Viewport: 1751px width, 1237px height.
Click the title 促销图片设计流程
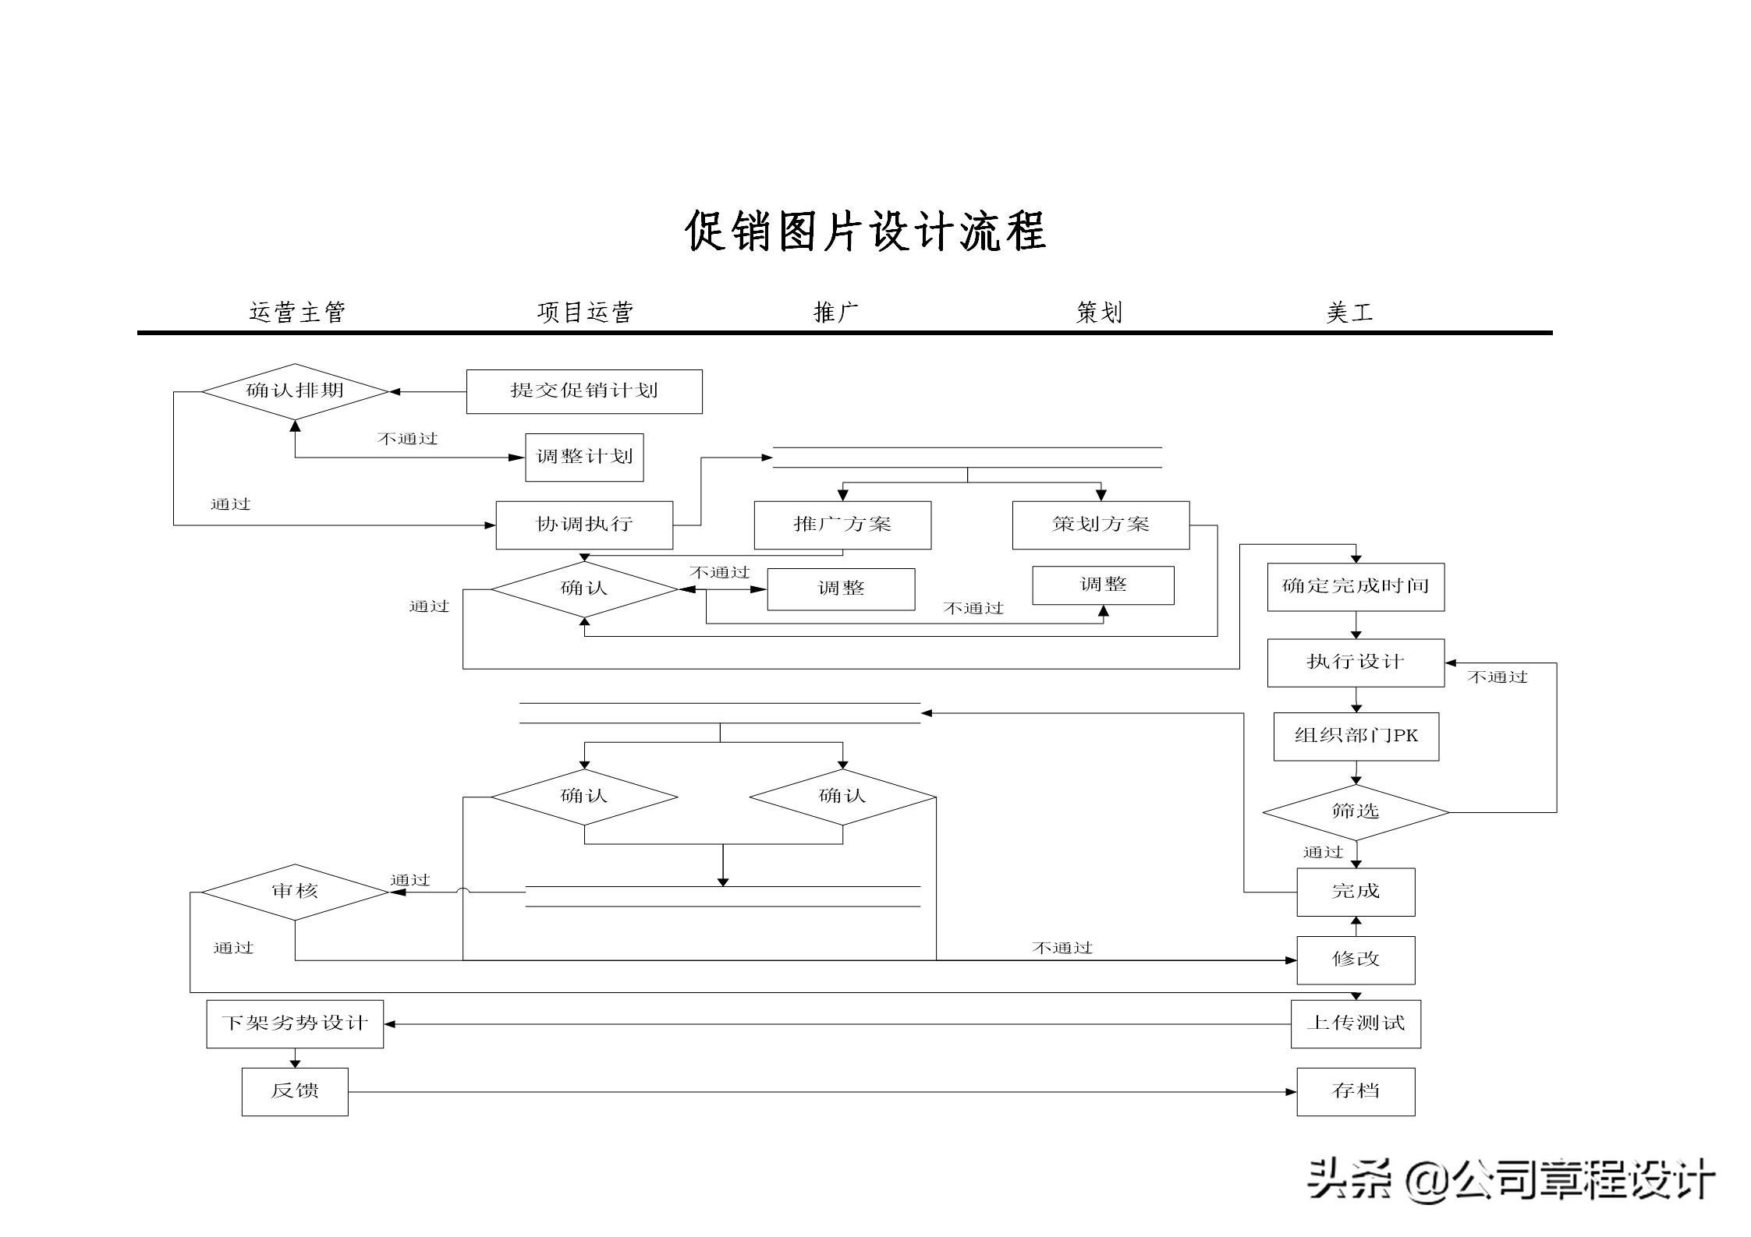[865, 231]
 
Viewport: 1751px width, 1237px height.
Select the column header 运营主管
[297, 313]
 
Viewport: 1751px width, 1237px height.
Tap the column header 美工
[1349, 313]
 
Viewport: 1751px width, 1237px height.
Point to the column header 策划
[1099, 313]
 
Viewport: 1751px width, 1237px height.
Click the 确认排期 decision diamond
[295, 391]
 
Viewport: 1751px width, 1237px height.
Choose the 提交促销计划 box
[584, 391]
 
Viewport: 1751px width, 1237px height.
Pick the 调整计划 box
[584, 458]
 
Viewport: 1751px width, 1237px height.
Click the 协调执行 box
[584, 525]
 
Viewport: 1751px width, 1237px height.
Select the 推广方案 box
[842, 525]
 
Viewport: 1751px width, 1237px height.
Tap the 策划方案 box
[1101, 525]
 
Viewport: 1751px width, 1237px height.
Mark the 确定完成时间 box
[1356, 587]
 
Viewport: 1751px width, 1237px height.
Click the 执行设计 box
[1356, 663]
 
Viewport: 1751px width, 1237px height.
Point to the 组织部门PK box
[1356, 736]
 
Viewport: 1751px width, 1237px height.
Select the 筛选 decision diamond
[1356, 812]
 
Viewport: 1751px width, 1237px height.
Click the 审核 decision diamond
[295, 892]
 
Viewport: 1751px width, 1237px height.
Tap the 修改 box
[1356, 960]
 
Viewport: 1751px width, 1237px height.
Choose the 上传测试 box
[1356, 1023]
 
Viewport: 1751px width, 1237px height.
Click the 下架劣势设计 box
[295, 1023]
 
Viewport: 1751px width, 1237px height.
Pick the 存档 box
[1356, 1091]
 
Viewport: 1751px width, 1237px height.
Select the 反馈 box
[295, 1091]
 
